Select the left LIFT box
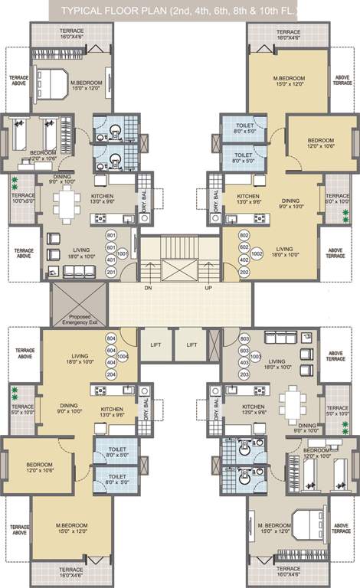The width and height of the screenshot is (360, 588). click(x=155, y=345)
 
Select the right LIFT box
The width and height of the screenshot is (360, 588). click(x=191, y=345)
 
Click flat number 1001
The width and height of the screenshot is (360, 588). click(x=124, y=253)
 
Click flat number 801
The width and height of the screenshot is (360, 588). click(x=112, y=235)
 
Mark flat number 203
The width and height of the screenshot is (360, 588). click(x=244, y=375)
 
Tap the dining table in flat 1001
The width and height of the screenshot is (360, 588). click(x=68, y=204)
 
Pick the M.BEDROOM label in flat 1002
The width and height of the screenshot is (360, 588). click(x=290, y=78)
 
